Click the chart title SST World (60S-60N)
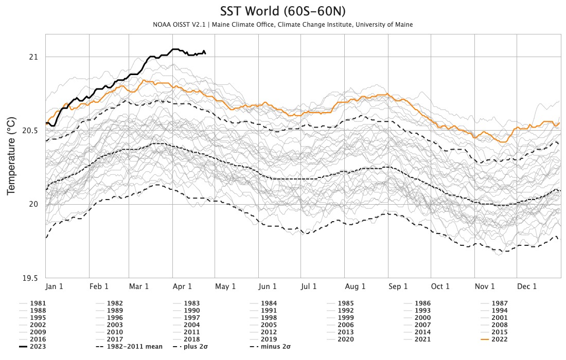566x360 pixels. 282,11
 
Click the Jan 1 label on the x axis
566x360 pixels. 55,286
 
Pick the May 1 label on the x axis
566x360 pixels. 225,286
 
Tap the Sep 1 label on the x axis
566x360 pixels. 398,286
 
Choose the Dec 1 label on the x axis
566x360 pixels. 527,286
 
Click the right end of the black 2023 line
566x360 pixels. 205,53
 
